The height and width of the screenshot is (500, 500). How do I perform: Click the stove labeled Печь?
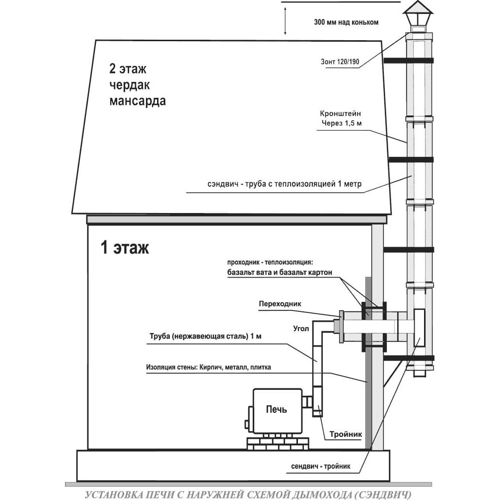coord(277,411)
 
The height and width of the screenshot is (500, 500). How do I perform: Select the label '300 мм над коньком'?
coord(346,22)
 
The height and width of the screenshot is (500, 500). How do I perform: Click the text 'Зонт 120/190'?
coord(340,62)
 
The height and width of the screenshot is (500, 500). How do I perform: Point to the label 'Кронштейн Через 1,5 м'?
coord(341,118)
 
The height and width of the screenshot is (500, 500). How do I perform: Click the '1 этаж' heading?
coord(125,247)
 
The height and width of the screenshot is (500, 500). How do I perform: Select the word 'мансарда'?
coord(138,101)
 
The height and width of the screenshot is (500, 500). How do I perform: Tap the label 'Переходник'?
coord(280,304)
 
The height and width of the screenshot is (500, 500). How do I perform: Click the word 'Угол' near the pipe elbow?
coord(301,328)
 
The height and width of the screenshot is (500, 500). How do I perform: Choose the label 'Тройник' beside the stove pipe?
coord(346,434)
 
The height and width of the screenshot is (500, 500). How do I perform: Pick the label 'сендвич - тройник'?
coord(320,466)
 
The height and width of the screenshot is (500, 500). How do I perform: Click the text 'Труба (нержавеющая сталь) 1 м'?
coord(206,337)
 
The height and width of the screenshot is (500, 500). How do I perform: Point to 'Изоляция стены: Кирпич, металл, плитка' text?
coord(209,367)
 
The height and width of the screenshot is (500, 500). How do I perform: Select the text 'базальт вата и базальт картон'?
coord(280,272)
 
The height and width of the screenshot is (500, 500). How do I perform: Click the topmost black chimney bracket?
coord(409,60)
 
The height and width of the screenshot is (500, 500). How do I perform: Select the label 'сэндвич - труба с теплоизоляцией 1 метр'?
coord(285,184)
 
